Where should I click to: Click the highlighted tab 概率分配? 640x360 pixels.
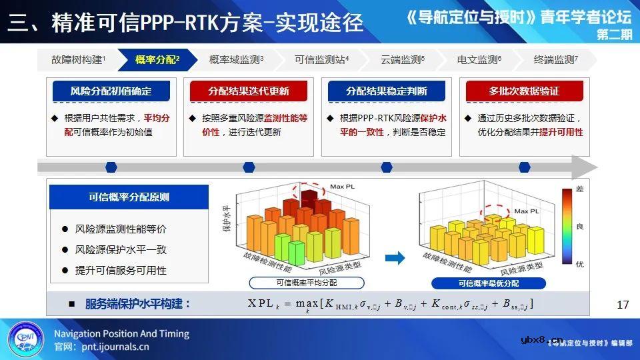pos(157,60)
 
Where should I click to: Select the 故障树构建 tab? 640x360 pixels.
pos(78,60)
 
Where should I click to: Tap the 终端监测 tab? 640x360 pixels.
pos(555,60)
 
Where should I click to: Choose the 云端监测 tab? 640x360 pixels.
pos(403,60)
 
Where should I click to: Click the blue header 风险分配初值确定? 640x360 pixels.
pos(111,91)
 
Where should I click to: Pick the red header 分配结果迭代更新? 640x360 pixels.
pos(249,91)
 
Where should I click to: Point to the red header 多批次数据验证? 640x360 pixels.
pos(524,91)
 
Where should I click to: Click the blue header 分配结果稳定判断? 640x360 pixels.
pos(387,91)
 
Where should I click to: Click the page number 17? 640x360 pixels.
pos(623,305)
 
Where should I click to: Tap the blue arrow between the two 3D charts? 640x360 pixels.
pos(396,257)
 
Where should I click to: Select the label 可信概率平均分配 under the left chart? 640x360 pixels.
pos(293,283)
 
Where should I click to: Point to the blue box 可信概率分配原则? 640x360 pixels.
pos(129,197)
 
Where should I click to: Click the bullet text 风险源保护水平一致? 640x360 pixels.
pos(121,250)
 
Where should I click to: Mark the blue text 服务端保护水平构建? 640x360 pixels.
pos(138,304)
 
